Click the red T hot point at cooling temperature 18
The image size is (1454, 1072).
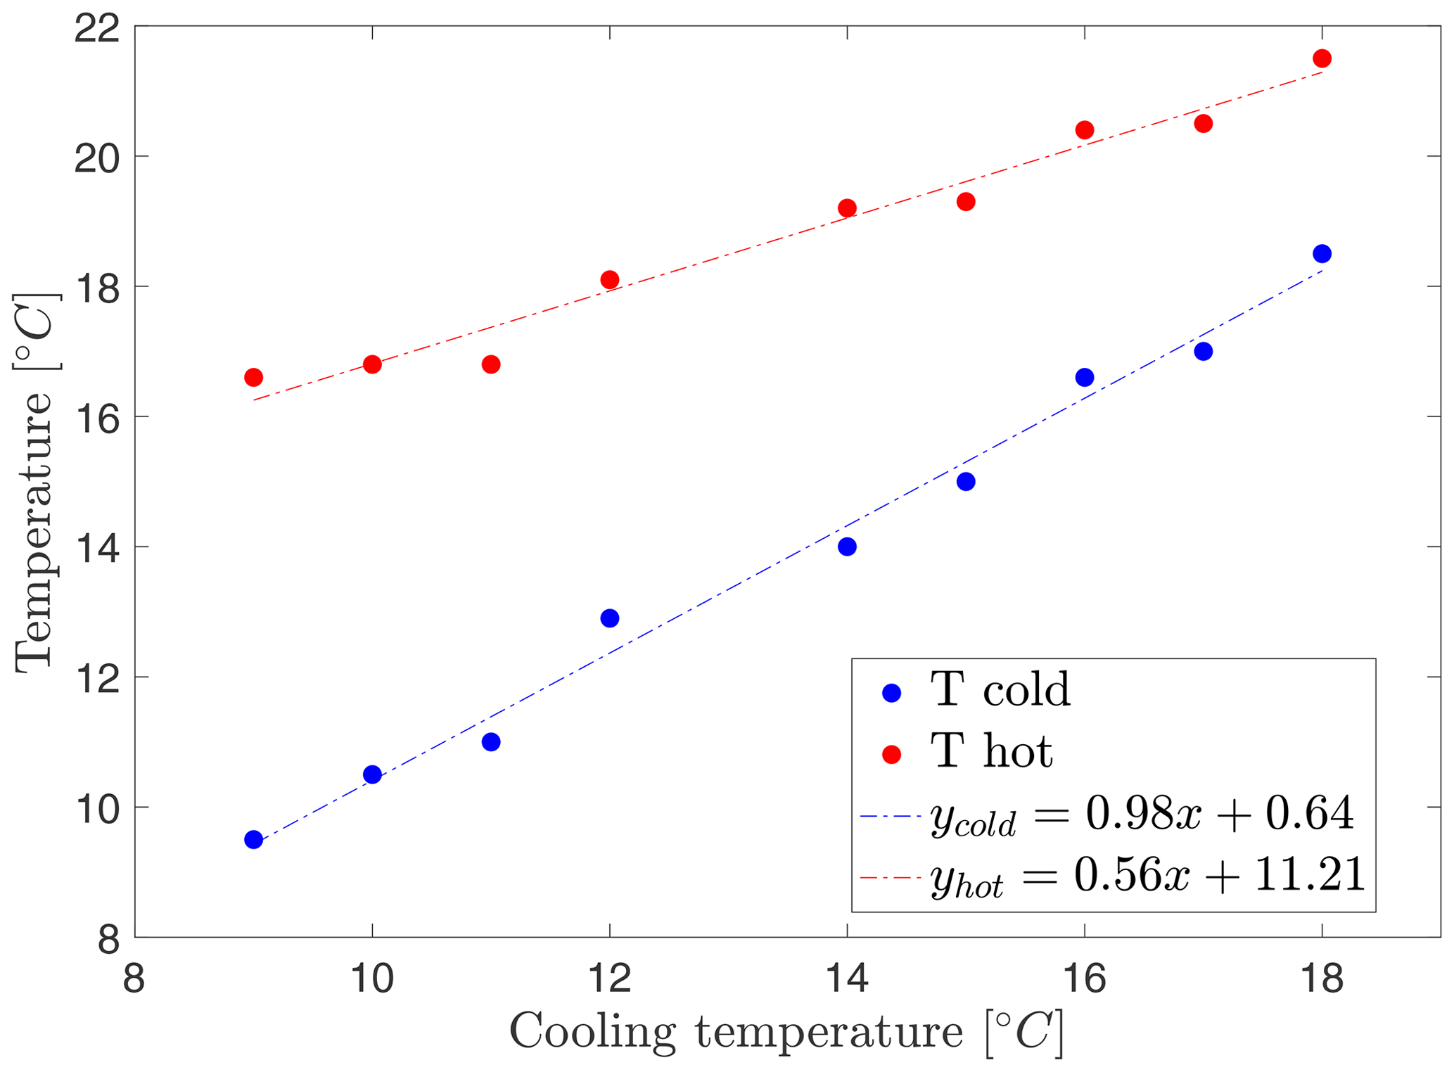pyautogui.click(x=1322, y=58)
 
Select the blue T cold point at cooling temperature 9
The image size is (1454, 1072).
pyautogui.click(x=253, y=839)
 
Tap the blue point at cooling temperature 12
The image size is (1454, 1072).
pyautogui.click(x=610, y=618)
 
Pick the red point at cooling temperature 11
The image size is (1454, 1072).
pyautogui.click(x=491, y=364)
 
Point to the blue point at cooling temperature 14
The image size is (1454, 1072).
pyautogui.click(x=847, y=547)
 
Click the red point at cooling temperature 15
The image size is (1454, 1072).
pyautogui.click(x=966, y=202)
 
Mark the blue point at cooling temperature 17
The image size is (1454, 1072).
pyautogui.click(x=1204, y=352)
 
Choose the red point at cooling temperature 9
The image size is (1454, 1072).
pyautogui.click(x=253, y=378)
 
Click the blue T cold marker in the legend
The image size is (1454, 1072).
pyautogui.click(x=891, y=693)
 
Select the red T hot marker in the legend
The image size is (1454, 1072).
pyautogui.click(x=891, y=755)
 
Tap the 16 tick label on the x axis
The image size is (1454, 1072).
pyautogui.click(x=1084, y=979)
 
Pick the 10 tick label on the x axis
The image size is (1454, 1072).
pyautogui.click(x=372, y=979)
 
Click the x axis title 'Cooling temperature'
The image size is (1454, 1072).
pyautogui.click(x=735, y=1033)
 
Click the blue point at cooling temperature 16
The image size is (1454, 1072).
pyautogui.click(x=1085, y=378)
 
